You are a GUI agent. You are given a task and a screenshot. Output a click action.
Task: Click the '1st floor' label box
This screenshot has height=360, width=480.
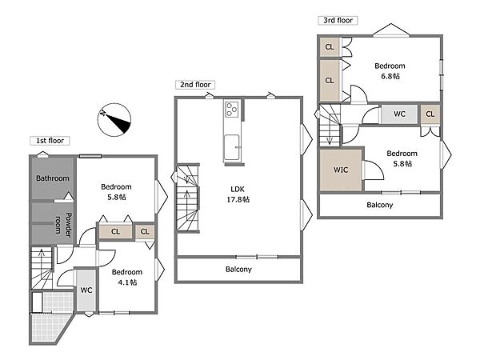50,141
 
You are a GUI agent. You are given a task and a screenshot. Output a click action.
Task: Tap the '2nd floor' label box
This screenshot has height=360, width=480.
195,85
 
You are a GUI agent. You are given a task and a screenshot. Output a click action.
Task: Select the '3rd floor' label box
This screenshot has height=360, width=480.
338,21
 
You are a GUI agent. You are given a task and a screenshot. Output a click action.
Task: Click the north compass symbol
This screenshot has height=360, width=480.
114,120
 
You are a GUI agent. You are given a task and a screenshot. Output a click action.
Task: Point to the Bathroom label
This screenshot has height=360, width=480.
53,178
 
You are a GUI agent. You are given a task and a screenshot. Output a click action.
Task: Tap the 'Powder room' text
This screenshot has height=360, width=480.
63,225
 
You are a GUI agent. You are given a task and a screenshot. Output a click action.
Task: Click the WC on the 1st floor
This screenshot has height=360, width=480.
86,290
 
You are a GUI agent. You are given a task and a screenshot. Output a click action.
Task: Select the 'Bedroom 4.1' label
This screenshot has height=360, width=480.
127,277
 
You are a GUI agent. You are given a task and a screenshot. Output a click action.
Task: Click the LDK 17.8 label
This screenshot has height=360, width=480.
238,194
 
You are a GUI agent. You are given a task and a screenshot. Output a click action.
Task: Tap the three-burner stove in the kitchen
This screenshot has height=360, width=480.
232,110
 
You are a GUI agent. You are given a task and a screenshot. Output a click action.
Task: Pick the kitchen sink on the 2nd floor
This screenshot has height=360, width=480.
232,147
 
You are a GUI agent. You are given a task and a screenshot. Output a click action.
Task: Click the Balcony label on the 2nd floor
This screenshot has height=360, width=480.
238,270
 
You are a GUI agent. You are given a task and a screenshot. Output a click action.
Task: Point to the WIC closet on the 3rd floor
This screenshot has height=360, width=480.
341,170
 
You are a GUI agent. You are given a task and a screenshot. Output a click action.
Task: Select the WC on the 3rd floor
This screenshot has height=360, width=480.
399,114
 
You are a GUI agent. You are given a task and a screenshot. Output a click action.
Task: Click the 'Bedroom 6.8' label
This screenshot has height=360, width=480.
390,71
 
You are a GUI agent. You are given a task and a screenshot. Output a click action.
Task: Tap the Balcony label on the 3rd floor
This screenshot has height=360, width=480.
379,205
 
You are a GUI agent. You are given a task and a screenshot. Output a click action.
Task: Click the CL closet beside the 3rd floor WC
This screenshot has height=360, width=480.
430,114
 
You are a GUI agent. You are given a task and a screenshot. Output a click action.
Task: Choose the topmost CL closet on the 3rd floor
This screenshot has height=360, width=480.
330,47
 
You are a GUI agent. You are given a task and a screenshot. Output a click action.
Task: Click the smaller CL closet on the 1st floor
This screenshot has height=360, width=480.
145,231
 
